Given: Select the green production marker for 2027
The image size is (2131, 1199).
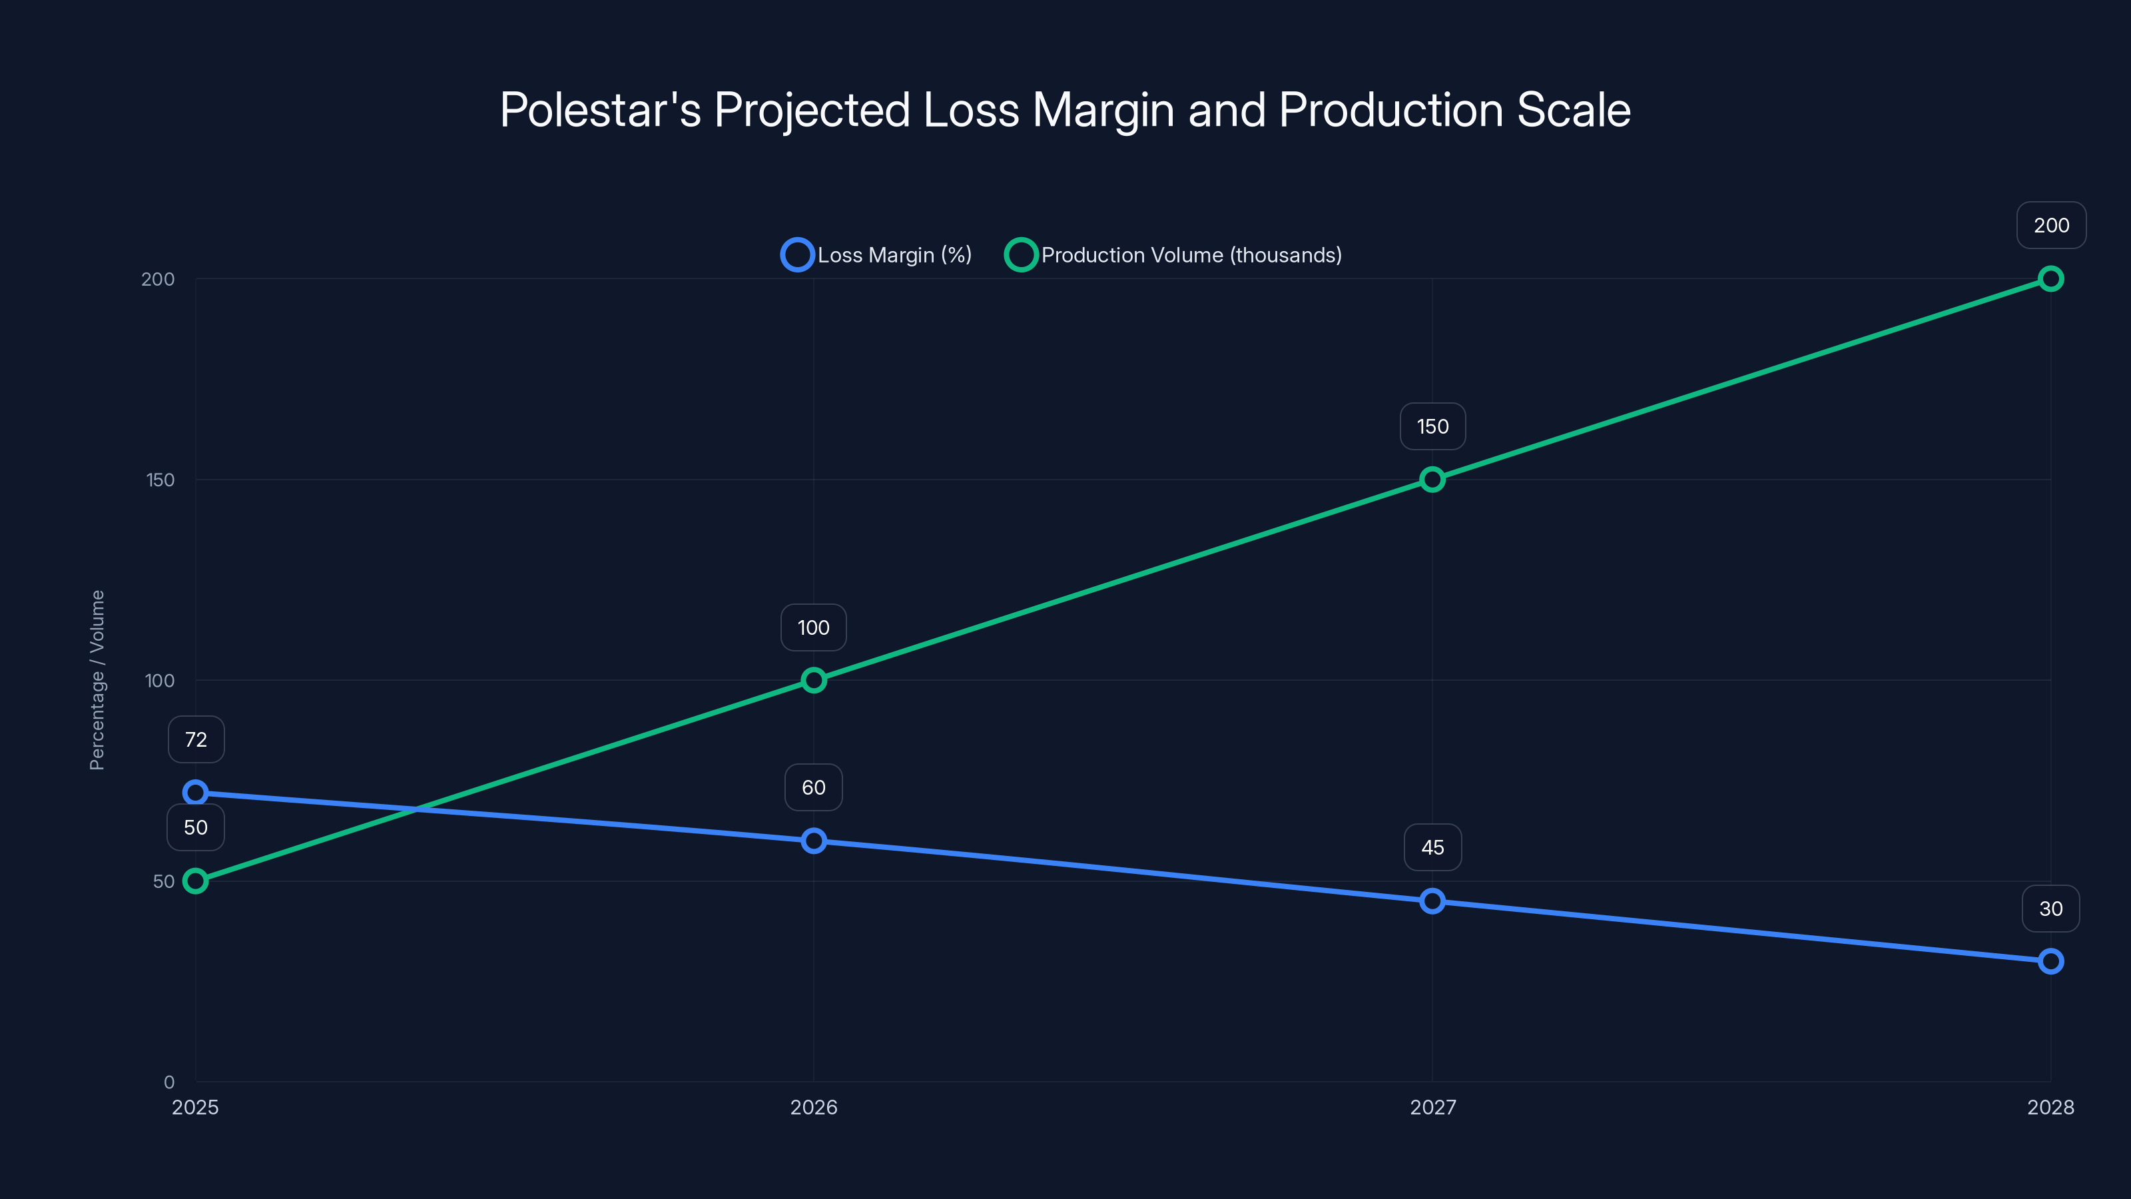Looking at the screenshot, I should [x=1432, y=479].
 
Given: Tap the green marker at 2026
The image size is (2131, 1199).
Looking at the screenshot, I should [x=813, y=680].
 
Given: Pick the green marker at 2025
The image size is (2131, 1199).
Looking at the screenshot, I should [x=195, y=881].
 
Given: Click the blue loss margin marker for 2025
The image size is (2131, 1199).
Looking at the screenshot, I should [x=195, y=793].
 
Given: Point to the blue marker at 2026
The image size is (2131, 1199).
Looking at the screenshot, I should [x=813, y=841].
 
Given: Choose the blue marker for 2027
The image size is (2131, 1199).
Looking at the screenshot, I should [x=1432, y=901].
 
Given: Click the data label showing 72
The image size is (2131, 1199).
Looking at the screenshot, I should [x=196, y=739].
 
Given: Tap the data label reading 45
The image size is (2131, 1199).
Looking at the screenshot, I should [x=1432, y=847].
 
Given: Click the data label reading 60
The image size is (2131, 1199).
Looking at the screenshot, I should [x=813, y=787].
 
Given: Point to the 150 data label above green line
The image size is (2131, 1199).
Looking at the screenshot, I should [x=1432, y=426].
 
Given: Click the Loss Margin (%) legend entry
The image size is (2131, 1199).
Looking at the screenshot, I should [x=877, y=255].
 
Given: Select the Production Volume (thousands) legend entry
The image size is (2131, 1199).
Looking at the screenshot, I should [x=1173, y=255].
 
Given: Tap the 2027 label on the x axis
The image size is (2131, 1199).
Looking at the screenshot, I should [x=1432, y=1107].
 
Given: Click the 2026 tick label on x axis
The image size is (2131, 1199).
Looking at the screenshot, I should [x=813, y=1107].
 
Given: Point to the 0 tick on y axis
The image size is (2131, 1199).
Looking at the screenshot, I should [x=168, y=1082].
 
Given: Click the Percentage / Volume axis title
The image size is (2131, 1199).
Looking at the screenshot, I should [x=97, y=680].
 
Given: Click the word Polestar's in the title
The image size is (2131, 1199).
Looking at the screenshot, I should [x=600, y=110].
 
